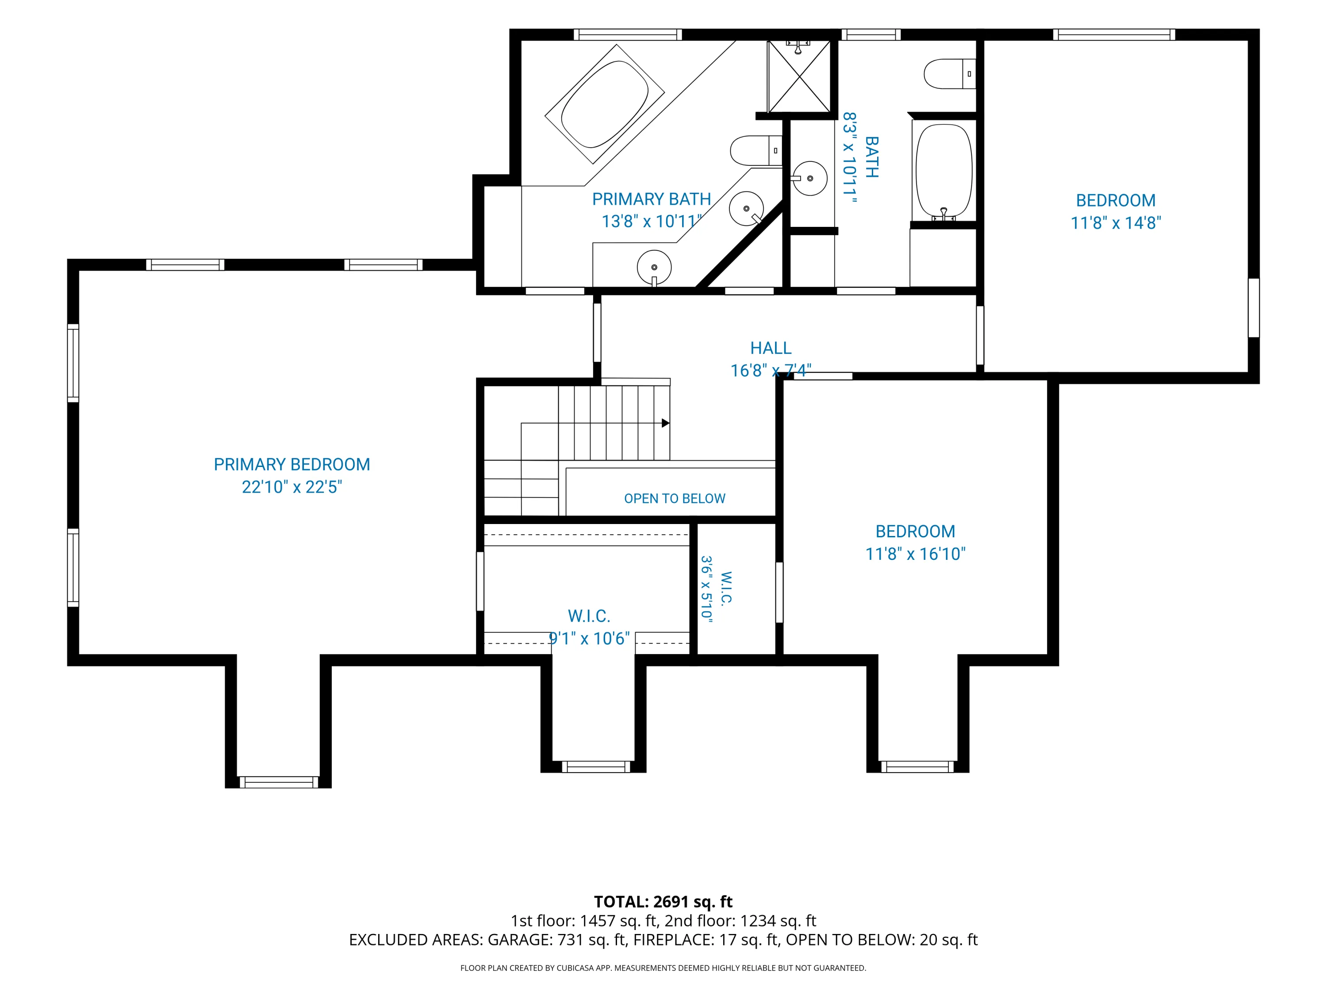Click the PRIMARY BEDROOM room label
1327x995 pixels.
pos(291,464)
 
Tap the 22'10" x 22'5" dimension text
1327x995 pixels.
pos(291,486)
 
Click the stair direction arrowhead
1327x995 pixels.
pos(665,423)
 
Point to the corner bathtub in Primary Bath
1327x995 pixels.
pos(605,104)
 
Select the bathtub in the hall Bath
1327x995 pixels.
pos(943,172)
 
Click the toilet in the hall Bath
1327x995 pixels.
pos(950,74)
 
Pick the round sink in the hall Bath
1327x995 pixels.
pos(809,178)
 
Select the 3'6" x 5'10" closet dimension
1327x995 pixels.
pos(707,589)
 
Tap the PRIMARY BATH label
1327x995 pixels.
pos(652,199)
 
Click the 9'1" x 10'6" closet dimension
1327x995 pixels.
pos(590,638)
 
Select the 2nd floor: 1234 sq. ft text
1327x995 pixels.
pos(740,921)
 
